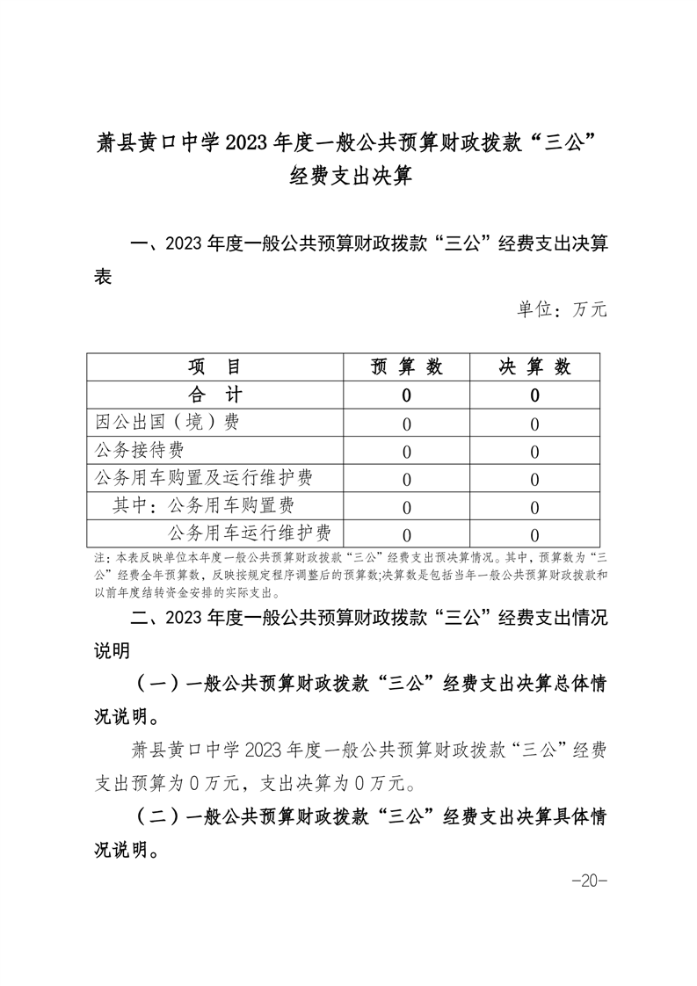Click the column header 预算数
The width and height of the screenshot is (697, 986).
click(406, 367)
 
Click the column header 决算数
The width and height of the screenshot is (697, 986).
click(534, 367)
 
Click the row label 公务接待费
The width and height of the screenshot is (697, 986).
click(140, 451)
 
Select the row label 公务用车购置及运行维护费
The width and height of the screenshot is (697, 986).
click(204, 478)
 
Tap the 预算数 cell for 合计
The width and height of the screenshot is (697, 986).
click(406, 395)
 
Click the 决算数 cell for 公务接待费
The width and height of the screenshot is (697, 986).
click(534, 452)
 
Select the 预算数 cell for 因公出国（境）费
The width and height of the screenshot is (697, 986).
click(406, 424)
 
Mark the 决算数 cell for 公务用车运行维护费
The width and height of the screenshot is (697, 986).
click(534, 534)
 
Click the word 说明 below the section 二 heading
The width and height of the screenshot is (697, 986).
click(112, 651)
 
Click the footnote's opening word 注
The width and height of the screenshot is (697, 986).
click(98, 557)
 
